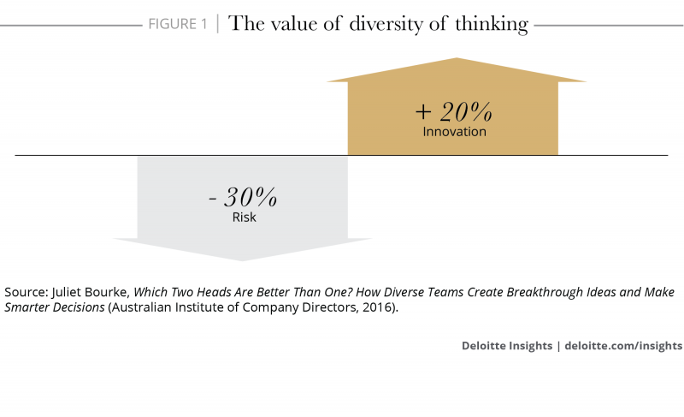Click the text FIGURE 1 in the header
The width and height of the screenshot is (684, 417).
coord(178,24)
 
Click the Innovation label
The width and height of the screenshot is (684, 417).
coord(454,132)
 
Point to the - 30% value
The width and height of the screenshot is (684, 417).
coord(244,198)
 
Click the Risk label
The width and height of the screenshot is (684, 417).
coord(245,217)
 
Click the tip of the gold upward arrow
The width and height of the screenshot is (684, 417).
coord(457,59)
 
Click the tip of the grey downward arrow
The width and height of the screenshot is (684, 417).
coord(244,259)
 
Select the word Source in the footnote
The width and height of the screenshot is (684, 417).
coord(26,292)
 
